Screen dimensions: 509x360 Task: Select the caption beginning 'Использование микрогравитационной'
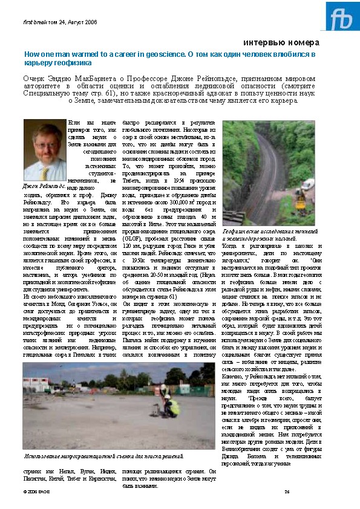click(103, 455)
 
